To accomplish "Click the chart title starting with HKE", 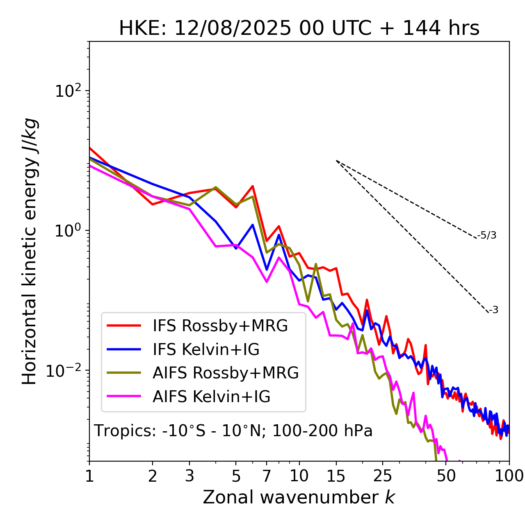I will pos(299,29).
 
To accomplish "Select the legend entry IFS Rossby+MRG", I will pos(220,326).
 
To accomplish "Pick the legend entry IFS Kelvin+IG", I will pos(206,350).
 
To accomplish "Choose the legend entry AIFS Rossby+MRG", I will pos(226,373).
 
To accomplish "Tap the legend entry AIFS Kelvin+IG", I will pos(211,397).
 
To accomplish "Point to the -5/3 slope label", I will pos(487,236).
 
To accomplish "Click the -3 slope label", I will pos(493,310).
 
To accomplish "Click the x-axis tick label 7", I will pos(267,476).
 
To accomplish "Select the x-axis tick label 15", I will pos(336,476).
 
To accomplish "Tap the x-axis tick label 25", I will pos(383,476).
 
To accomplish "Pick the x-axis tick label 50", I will pos(446,476).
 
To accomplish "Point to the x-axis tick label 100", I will pos(509,476).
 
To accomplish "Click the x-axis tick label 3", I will pos(189,476).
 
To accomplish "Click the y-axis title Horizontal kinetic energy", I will pos(30,251).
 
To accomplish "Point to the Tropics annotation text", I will pos(233,431).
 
